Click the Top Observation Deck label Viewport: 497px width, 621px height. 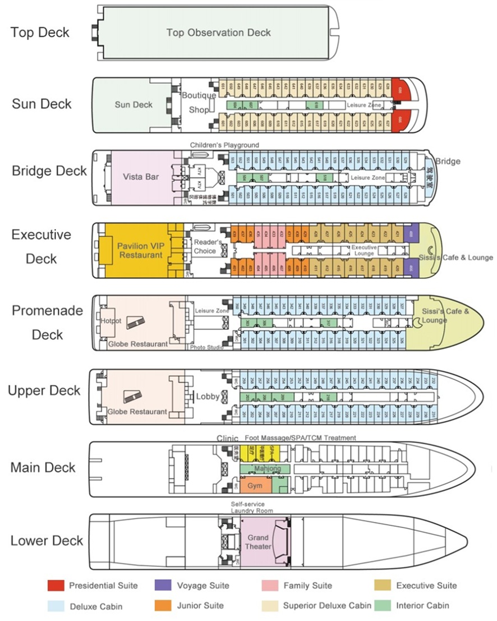pos(218,32)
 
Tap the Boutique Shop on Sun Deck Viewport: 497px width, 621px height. pos(199,103)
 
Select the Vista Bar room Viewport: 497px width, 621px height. pos(141,177)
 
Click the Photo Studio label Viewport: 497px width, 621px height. pos(206,347)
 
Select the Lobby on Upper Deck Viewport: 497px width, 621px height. pos(208,396)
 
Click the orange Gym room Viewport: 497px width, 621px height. pos(255,485)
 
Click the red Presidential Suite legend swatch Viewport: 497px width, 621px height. pos(55,586)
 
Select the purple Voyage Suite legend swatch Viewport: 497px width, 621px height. pos(163,586)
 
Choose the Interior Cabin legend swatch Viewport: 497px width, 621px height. pos(383,605)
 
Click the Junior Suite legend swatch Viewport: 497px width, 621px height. pos(163,605)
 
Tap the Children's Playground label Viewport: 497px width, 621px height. pos(224,145)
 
